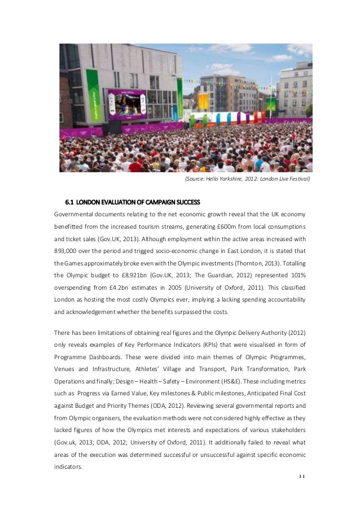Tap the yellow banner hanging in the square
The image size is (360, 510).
point(203,102)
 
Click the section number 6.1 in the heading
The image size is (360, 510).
point(70,202)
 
